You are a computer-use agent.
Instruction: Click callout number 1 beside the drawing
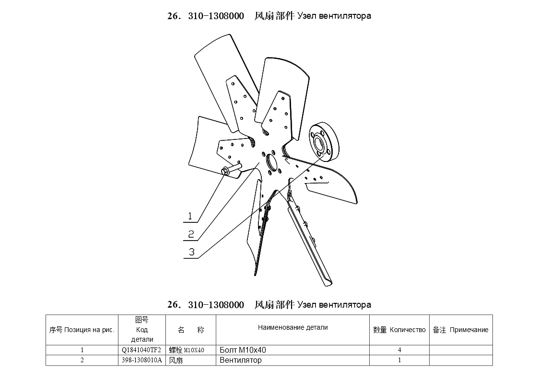point(190,216)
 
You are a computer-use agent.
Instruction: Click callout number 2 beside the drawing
point(191,234)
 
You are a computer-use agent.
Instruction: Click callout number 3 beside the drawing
point(191,252)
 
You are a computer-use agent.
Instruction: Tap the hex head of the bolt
point(225,171)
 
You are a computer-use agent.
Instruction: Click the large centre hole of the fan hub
point(272,163)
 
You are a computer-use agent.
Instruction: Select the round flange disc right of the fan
point(324,141)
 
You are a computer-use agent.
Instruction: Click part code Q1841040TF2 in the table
point(141,350)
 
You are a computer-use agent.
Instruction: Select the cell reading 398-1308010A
point(142,360)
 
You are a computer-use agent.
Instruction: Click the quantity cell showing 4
point(399,350)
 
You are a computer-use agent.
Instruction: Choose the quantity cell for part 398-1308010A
point(399,360)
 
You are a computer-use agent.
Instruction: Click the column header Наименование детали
point(292,327)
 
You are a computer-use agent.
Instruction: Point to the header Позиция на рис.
point(89,330)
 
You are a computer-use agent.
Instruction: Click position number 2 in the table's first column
point(82,360)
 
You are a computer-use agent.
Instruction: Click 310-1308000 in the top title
point(216,16)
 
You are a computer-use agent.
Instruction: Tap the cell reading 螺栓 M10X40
point(187,350)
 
